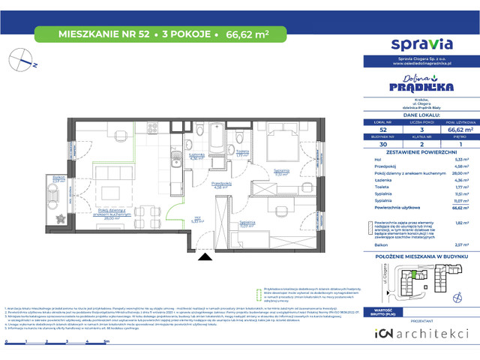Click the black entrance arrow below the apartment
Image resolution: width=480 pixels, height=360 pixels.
(202, 257)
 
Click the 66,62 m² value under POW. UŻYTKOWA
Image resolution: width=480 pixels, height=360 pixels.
(450, 129)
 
